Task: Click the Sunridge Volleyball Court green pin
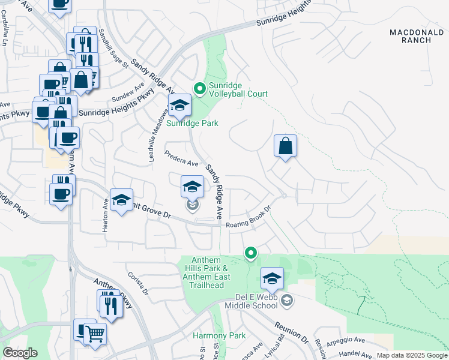pos(199,89)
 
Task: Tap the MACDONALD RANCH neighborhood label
pos(411,36)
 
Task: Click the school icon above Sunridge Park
pos(179,106)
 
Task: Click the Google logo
pos(20,353)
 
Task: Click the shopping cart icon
pos(95,334)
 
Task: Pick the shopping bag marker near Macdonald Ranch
pos(286,146)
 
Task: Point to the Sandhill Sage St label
pos(113,49)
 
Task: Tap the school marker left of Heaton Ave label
pos(121,201)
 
